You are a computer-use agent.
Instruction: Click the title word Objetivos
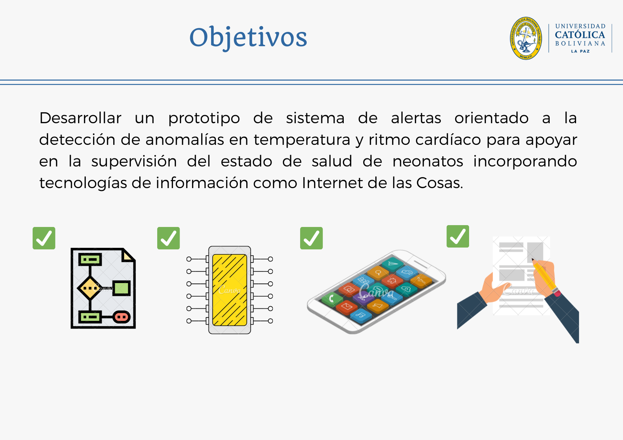248,37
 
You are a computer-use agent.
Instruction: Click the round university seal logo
526,38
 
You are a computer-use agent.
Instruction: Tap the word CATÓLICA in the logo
580,35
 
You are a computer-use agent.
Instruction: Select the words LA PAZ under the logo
580,51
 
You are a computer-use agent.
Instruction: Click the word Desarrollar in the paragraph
80,118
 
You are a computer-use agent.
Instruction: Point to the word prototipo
204,118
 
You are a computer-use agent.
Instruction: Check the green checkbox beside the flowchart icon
44,238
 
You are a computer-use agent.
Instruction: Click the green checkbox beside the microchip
169,238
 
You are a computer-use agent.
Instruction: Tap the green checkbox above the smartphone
311,238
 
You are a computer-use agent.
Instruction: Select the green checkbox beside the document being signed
458,236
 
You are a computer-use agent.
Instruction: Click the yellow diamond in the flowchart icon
90,288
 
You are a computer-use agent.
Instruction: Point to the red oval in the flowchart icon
121,317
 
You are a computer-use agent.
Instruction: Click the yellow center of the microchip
230,290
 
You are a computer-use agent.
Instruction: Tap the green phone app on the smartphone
331,298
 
